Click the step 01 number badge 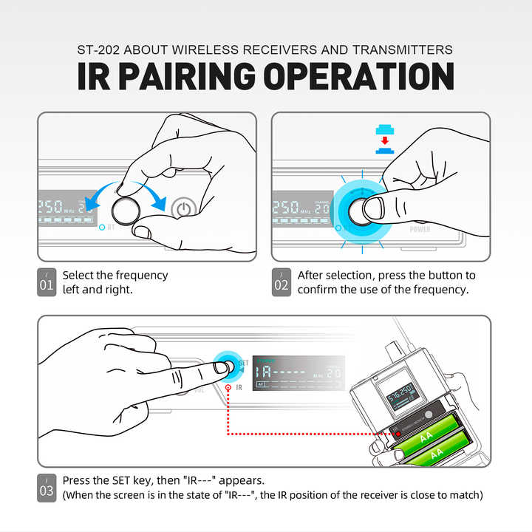(46, 282)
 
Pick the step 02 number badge (281, 282)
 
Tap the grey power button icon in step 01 (183, 210)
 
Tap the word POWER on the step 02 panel (420, 230)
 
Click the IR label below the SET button (238, 386)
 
